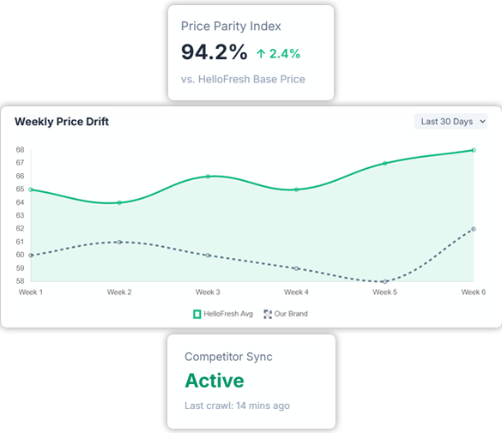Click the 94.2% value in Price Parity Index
[x=214, y=52]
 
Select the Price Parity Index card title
[x=231, y=27]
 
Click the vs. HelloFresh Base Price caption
[x=243, y=80]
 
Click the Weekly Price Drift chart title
[x=62, y=122]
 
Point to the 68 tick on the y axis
[x=19, y=150]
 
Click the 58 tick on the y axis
[x=19, y=281]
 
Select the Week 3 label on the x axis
[x=208, y=292]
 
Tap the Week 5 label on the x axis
[x=384, y=292]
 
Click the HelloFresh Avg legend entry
[x=223, y=314]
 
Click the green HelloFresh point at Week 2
[x=119, y=202]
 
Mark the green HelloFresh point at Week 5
[x=384, y=163]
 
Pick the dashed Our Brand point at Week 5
[x=384, y=281]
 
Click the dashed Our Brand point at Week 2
[x=119, y=242]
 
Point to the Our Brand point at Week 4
[x=296, y=268]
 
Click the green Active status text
[x=214, y=381]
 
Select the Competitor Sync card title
[x=227, y=356]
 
